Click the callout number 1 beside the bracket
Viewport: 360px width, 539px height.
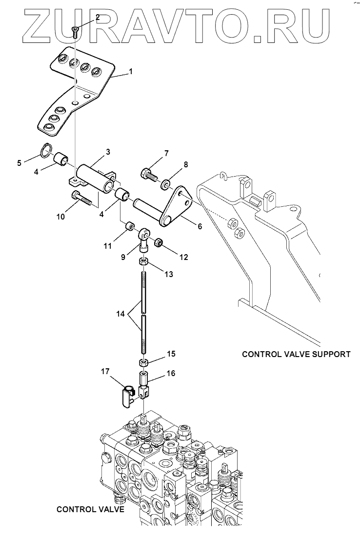point(131,72)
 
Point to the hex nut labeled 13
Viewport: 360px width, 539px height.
point(144,261)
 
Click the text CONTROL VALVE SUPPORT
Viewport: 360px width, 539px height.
point(296,354)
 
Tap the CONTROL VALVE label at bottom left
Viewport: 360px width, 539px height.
point(90,509)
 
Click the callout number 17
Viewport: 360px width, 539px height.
point(105,371)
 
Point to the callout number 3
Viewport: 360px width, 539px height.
point(108,152)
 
